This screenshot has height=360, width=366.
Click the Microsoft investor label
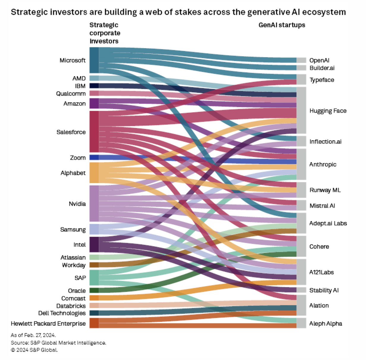coord(72,60)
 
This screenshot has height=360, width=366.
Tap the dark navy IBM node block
coord(94,86)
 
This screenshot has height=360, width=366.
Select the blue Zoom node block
coord(94,157)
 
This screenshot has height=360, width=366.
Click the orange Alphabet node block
coord(94,173)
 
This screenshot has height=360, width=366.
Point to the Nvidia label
coord(77,204)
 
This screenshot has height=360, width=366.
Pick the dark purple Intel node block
coord(94,244)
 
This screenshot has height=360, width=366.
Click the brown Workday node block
coord(94,265)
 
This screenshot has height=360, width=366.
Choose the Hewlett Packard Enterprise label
coord(48,323)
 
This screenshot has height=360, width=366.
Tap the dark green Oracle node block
coord(94,290)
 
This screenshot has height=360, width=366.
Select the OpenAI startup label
coord(319,60)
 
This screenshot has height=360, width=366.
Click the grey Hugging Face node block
coord(301,110)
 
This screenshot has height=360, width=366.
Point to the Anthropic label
coord(323,164)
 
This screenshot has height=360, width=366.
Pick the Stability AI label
coord(324,290)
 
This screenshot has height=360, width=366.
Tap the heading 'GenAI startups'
coord(282,25)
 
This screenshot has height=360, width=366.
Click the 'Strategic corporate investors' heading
coord(105,33)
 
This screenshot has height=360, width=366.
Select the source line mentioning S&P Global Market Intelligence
coord(59,343)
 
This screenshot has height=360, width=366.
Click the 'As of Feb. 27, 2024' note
coord(33,335)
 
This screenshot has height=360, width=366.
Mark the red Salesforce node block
coord(94,132)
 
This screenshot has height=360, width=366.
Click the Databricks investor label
coord(71,306)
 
